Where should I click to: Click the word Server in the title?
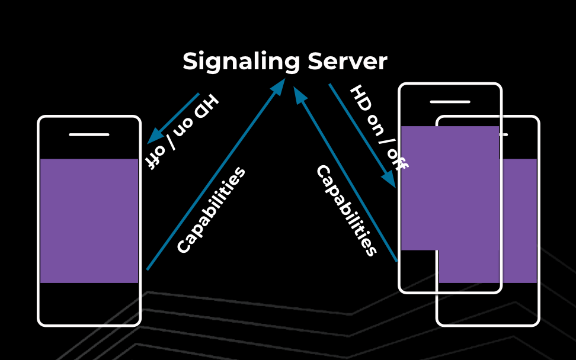pyautogui.click(x=348, y=62)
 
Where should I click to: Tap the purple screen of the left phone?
pyautogui.click(x=89, y=220)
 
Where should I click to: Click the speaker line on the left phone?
pyautogui.click(x=89, y=134)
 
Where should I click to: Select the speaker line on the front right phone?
pyautogui.click(x=450, y=102)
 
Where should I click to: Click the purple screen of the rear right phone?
pyautogui.click(x=519, y=225)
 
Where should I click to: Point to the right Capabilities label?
pyautogui.click(x=347, y=210)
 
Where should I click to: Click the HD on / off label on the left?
pyautogui.click(x=182, y=131)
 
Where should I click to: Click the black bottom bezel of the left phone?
pyautogui.click(x=89, y=303)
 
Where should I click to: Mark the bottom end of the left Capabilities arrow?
pyautogui.click(x=148, y=269)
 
